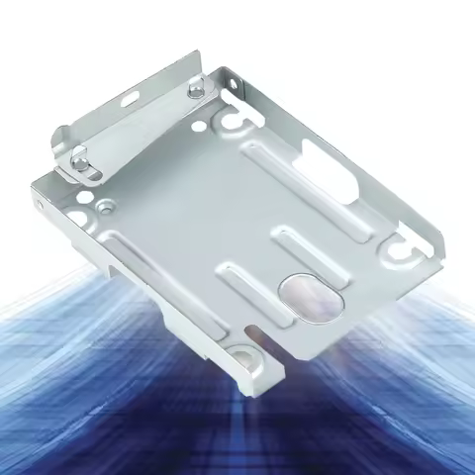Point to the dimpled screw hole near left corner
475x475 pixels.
click(x=103, y=208)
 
